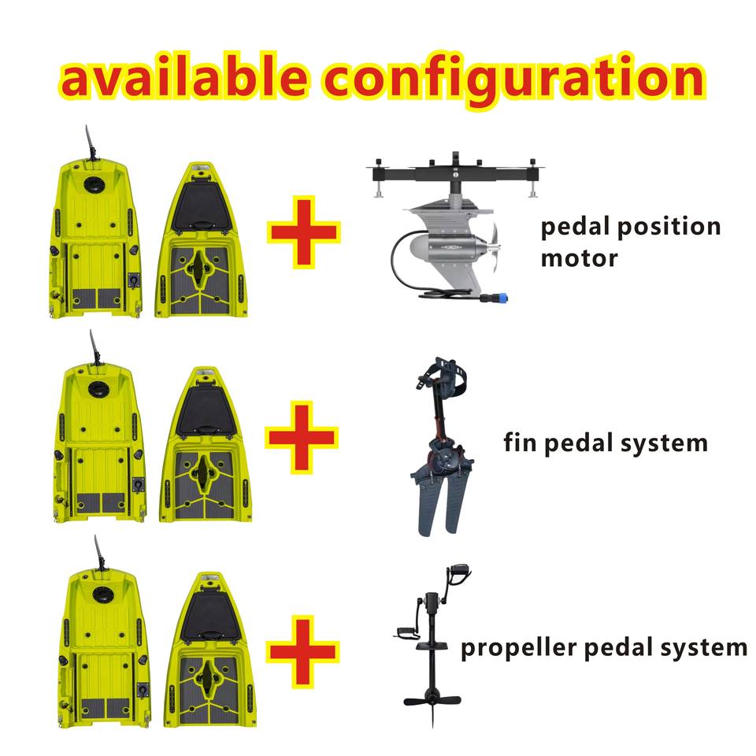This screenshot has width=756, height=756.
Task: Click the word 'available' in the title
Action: [x=183, y=76]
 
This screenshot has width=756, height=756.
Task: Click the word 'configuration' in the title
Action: [x=513, y=79]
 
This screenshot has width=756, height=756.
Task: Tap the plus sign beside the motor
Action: [x=304, y=232]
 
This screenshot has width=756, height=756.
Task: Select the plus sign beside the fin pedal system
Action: [x=302, y=437]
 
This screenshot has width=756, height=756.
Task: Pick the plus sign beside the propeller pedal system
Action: [x=303, y=651]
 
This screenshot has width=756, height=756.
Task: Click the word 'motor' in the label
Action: [x=579, y=258]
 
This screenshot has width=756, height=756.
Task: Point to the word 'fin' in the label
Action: [x=520, y=442]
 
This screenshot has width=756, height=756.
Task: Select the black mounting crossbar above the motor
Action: [x=455, y=173]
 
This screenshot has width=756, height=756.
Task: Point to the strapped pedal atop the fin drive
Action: [x=442, y=373]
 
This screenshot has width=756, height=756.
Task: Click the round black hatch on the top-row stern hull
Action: [x=92, y=183]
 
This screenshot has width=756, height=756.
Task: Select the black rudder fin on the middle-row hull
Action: [x=95, y=347]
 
